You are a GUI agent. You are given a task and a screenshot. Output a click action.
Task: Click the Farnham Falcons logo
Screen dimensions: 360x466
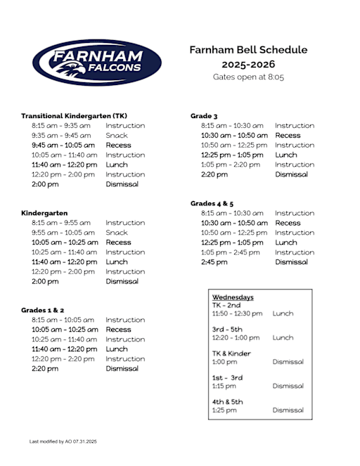[x=97, y=63]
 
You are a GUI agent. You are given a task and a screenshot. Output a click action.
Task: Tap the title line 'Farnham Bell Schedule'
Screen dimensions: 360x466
[x=248, y=50]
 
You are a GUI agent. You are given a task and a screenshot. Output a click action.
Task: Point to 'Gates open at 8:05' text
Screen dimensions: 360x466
[x=248, y=77]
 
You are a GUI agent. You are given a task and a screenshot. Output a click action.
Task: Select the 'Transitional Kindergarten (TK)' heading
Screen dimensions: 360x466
[x=74, y=116]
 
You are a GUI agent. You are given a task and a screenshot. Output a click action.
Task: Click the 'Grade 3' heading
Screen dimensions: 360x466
[x=204, y=116]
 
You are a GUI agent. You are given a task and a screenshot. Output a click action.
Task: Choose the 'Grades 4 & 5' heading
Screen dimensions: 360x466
[x=212, y=203]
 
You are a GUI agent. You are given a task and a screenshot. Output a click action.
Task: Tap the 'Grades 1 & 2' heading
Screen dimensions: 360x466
[x=43, y=310]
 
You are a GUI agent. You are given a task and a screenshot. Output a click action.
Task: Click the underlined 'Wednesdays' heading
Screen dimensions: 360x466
[x=233, y=297]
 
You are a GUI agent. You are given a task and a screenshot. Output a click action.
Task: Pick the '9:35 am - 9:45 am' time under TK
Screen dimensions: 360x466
[x=61, y=136]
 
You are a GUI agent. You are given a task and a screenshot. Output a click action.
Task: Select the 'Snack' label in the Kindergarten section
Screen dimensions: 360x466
[x=117, y=233]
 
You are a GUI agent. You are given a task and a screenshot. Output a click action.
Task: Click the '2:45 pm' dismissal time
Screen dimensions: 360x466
[x=214, y=262]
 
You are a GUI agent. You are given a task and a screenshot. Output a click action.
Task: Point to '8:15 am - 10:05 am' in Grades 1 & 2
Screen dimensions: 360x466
[x=63, y=320]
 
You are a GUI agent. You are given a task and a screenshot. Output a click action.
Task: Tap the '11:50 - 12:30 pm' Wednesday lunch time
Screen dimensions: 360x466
[x=237, y=313]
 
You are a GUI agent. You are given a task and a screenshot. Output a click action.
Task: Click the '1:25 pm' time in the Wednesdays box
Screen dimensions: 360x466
[x=224, y=410]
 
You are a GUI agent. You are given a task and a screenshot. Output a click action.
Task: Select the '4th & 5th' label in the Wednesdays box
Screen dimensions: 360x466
[x=227, y=401]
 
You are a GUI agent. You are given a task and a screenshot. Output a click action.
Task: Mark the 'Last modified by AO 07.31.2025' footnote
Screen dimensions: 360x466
[x=63, y=441]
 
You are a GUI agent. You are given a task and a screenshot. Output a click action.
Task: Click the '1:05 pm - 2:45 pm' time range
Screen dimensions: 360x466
[x=233, y=252]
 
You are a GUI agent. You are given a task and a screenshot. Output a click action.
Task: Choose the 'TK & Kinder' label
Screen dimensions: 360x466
[x=231, y=354]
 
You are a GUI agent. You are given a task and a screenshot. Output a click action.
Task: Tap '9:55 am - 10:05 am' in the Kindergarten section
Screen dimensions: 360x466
[x=63, y=233]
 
